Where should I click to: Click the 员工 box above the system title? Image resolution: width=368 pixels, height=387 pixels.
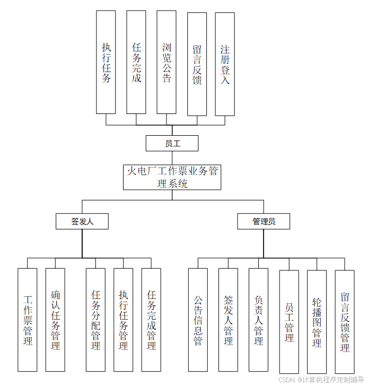point(172,143)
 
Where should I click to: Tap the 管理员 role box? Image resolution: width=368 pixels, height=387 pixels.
point(264,222)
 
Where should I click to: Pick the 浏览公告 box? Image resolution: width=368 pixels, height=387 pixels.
point(167,63)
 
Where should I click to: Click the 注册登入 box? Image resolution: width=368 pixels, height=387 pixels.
point(225,64)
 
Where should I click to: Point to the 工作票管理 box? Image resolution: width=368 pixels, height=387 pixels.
point(28,320)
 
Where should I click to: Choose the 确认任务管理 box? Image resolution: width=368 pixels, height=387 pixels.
point(55,320)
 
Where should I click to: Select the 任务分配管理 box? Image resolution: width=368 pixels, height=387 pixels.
point(96,320)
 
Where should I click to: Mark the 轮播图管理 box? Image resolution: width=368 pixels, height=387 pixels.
point(317,321)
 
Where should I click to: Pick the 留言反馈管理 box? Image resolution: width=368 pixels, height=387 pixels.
point(345,321)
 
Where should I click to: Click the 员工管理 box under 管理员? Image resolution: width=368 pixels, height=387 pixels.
point(289,321)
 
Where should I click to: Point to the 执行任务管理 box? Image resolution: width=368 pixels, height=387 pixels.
point(123,320)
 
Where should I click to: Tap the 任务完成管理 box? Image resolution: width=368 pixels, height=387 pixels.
point(151,320)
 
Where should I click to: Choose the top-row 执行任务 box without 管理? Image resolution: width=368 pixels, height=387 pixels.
point(106,62)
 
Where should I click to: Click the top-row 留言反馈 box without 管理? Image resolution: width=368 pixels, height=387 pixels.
point(197,63)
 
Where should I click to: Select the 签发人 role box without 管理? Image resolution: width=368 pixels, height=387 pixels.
point(82,222)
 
